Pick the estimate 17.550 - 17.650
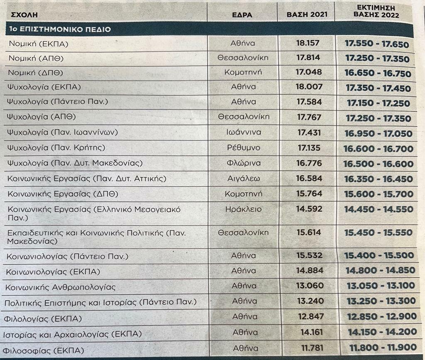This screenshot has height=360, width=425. [377, 44]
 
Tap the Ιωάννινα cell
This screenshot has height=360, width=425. [243, 132]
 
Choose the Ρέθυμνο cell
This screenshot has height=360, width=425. [243, 147]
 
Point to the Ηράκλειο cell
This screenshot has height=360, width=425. [243, 209]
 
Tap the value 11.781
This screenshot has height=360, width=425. [310, 348]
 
